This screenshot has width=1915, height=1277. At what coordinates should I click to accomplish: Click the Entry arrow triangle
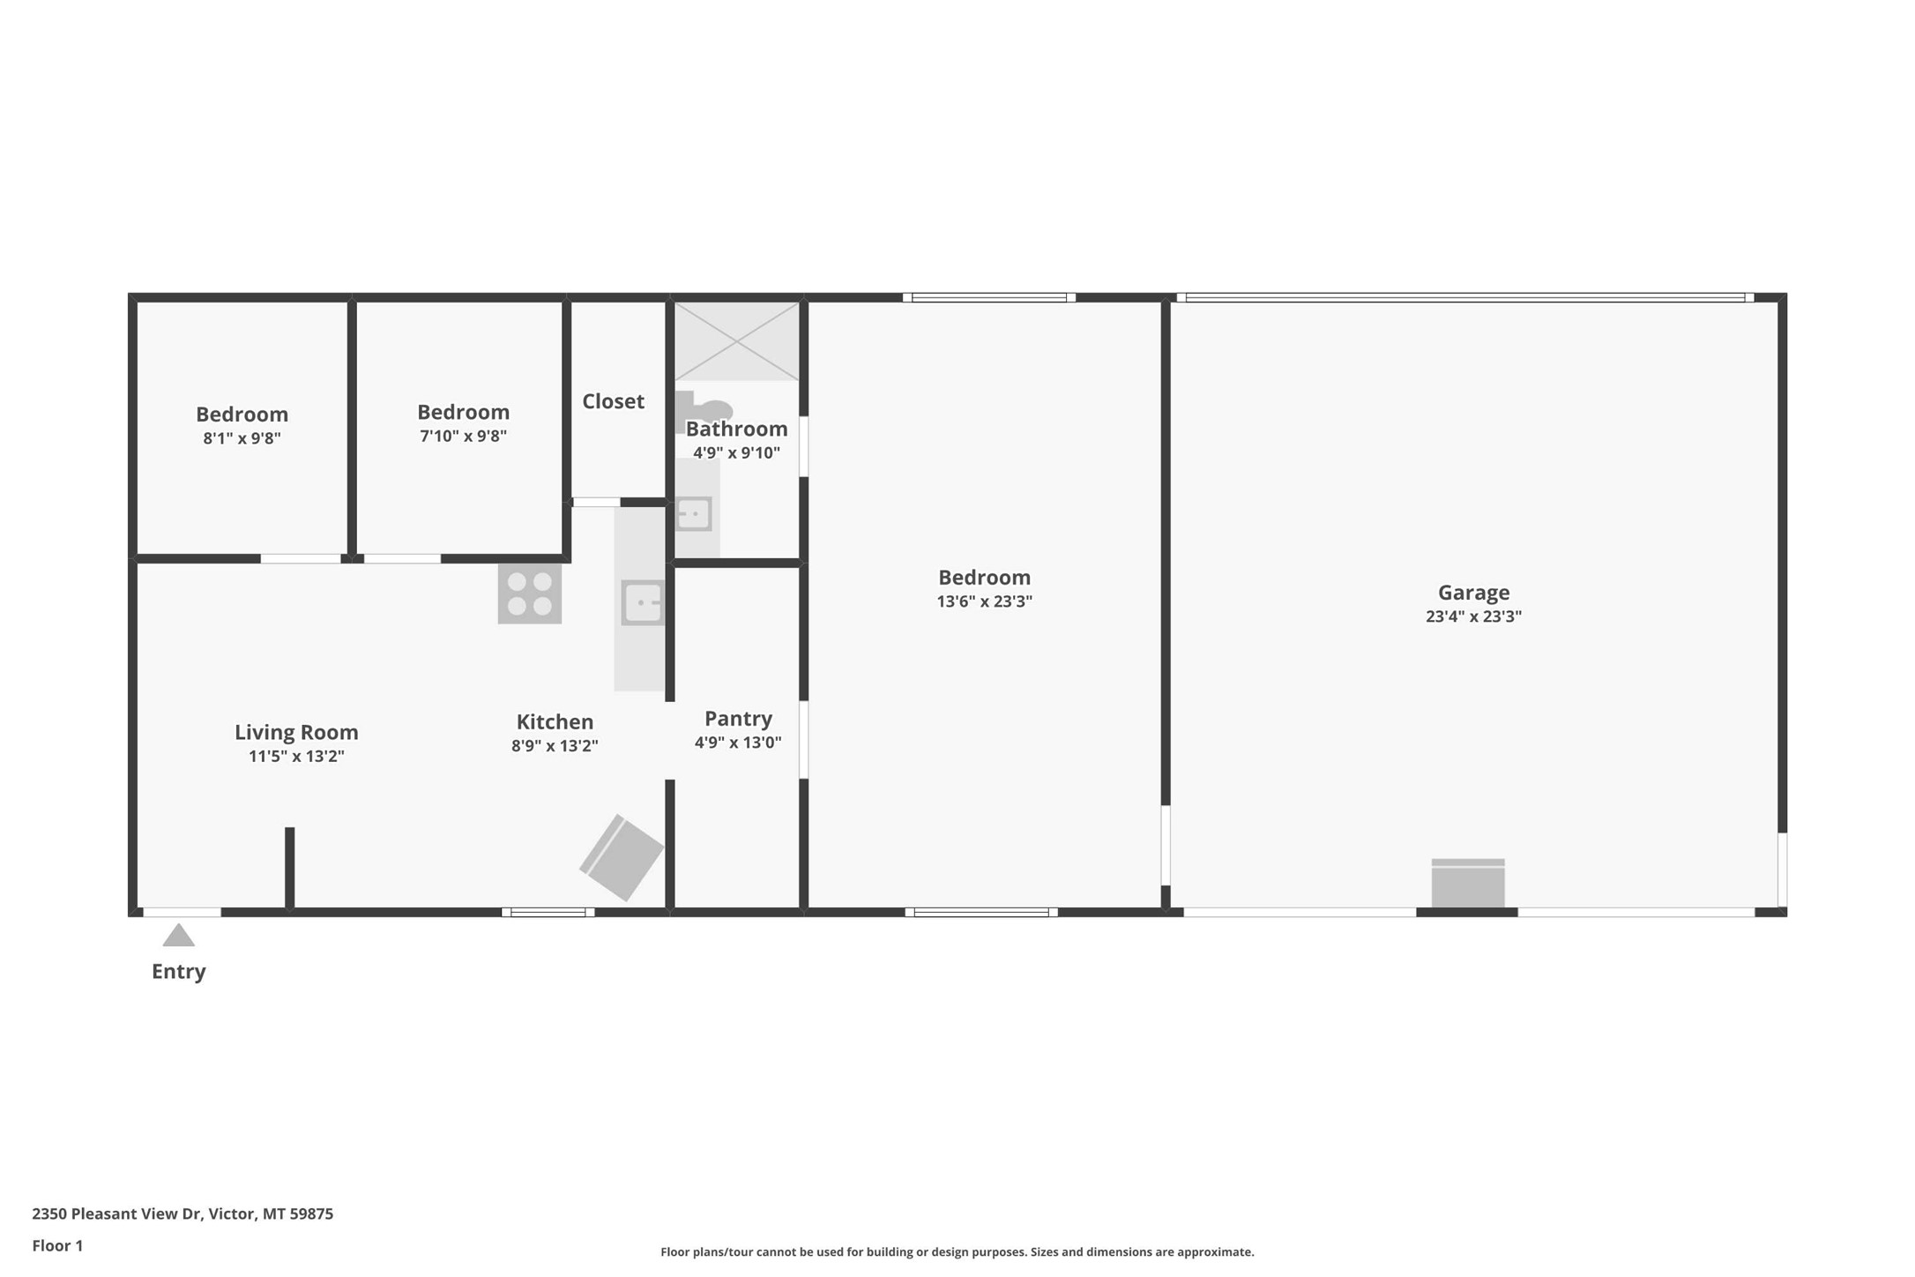click(x=178, y=936)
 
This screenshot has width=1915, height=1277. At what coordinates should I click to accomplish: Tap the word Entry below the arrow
click(x=178, y=971)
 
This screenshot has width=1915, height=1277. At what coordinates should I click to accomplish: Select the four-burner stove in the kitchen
click(x=529, y=594)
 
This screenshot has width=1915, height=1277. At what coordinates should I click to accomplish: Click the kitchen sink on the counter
click(x=642, y=603)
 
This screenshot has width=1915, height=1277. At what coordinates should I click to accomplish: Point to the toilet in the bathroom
click(x=704, y=409)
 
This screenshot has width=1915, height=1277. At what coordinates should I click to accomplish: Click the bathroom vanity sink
click(x=693, y=513)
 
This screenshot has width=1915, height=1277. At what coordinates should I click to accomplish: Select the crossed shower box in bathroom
click(x=736, y=341)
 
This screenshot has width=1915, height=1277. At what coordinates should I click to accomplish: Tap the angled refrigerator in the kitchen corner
click(x=622, y=857)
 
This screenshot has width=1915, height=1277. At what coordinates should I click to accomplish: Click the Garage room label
click(x=1473, y=593)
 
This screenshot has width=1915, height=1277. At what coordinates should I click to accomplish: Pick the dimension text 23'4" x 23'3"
click(x=1473, y=616)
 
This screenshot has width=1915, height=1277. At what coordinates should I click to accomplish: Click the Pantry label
click(x=738, y=718)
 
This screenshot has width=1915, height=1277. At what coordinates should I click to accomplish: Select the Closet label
click(x=613, y=401)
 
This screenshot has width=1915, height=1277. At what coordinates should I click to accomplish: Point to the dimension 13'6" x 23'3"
click(x=984, y=601)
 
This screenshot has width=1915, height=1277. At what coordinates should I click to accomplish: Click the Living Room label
click(x=296, y=732)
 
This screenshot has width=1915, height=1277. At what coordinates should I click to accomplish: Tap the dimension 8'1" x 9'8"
click(x=242, y=438)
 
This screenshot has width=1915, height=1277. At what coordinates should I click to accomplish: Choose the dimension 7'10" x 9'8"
click(x=463, y=436)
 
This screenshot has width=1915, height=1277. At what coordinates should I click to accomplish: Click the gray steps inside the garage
click(x=1467, y=883)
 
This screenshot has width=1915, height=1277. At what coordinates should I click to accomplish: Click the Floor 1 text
click(x=57, y=1245)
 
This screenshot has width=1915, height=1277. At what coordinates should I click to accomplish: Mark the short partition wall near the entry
click(x=289, y=868)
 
